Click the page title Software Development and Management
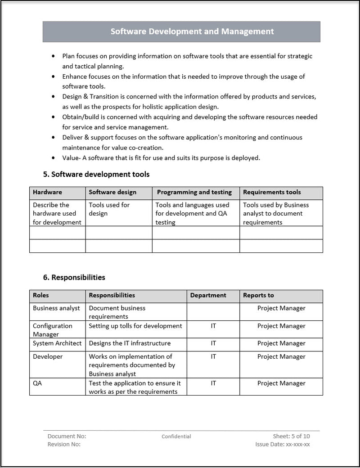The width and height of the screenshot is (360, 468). pos(192,31)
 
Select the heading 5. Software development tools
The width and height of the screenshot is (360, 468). pos(96,174)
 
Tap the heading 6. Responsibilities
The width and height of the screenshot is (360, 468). pos(74,277)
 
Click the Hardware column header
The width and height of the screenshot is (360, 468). pos(48,192)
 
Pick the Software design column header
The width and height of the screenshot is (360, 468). pos(112,192)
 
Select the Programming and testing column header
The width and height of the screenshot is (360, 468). pos(194,192)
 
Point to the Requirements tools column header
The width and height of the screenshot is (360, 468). pos(272,192)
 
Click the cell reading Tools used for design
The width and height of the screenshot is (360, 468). pos(109,209)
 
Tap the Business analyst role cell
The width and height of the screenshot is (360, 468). pos(56,308)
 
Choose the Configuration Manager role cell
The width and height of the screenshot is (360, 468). pos(52,330)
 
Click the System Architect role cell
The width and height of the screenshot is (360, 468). pos(57,343)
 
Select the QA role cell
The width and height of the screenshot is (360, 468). pos(37,383)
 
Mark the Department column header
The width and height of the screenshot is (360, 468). pos(208,296)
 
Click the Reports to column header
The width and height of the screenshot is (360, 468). pos(258,296)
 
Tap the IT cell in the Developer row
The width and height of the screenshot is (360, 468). pos(213,356)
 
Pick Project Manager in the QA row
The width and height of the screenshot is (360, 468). pos(281,383)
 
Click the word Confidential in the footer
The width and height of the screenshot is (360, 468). pos(176,436)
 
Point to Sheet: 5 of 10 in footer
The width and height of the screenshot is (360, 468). pos(291,436)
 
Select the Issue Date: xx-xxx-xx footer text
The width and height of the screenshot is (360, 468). pos(283,444)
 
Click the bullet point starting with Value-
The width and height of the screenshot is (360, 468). pos(161,158)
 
